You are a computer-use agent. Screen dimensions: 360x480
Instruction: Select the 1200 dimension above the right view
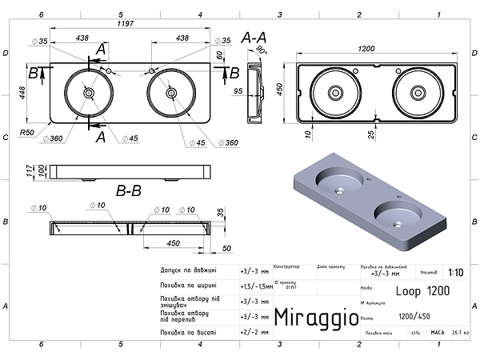pyautogui.click(x=366, y=50)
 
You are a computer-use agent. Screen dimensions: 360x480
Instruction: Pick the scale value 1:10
pyautogui.click(x=455, y=272)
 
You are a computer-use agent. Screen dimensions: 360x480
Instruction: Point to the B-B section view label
pyautogui.click(x=130, y=191)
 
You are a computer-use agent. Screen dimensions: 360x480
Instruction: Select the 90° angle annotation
pyautogui.click(x=262, y=50)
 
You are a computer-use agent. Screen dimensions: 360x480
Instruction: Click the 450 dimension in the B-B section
pyautogui.click(x=173, y=243)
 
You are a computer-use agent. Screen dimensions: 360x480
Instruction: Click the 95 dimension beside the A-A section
pyautogui.click(x=239, y=90)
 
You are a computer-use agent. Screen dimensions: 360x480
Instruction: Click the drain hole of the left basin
pyautogui.click(x=88, y=93)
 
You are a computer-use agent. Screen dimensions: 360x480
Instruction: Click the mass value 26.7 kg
pyautogui.click(x=460, y=332)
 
